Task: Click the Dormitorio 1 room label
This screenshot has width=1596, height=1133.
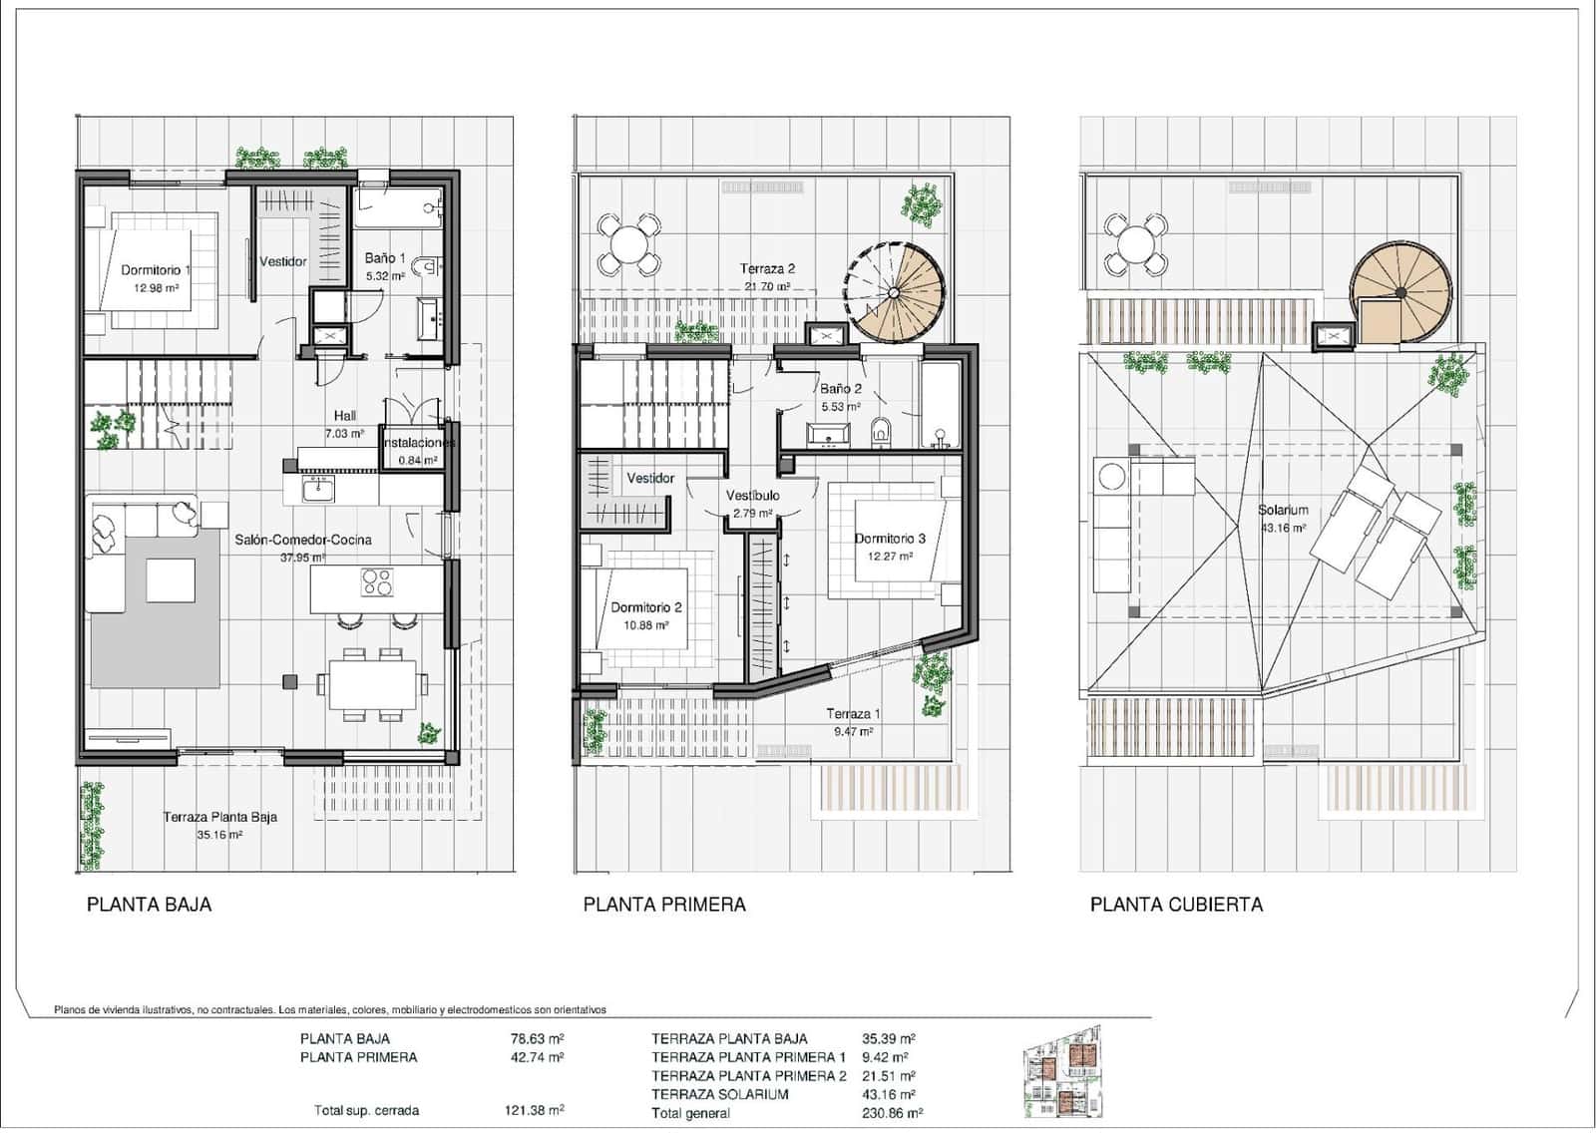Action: coord(156,270)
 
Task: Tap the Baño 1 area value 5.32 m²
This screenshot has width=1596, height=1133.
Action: coord(385,276)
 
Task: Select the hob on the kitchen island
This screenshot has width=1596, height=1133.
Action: coord(377,582)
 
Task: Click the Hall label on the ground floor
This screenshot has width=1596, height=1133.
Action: coord(345,416)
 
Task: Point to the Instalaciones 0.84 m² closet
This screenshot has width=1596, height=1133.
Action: coord(417,451)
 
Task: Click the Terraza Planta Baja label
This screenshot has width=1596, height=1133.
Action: coord(219,817)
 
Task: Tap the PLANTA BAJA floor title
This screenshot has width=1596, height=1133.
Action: coord(149,905)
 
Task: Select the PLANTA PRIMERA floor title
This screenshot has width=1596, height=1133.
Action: coord(664,905)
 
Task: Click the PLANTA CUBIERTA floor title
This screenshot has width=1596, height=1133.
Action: coord(1176,905)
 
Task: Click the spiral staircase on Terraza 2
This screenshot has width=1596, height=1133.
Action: coord(895,292)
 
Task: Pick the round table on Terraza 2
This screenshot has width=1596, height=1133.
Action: coord(628,244)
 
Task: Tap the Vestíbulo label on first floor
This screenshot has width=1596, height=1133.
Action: coord(752,496)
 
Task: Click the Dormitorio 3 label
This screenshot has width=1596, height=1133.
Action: coord(890,539)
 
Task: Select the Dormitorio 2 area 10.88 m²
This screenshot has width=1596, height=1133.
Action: coord(646,625)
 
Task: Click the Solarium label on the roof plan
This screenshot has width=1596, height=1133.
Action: coord(1283,510)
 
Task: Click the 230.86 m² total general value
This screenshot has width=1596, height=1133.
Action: coord(892,1113)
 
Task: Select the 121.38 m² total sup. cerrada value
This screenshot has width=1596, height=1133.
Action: coord(534,1110)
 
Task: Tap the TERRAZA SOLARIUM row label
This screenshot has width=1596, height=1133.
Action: coord(719,1094)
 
